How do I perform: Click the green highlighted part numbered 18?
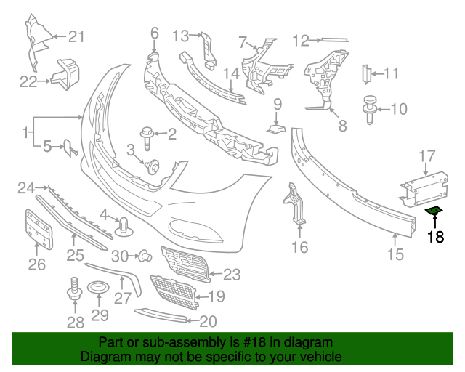coord(434,211)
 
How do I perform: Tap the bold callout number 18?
coord(434,236)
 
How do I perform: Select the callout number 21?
coord(77,36)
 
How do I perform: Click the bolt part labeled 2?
coord(146,134)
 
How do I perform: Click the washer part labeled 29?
coord(98,292)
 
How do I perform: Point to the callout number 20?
coord(208,320)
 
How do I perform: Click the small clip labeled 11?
coord(367,73)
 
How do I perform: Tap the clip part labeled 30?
coord(144,255)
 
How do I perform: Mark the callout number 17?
coord(426,155)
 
